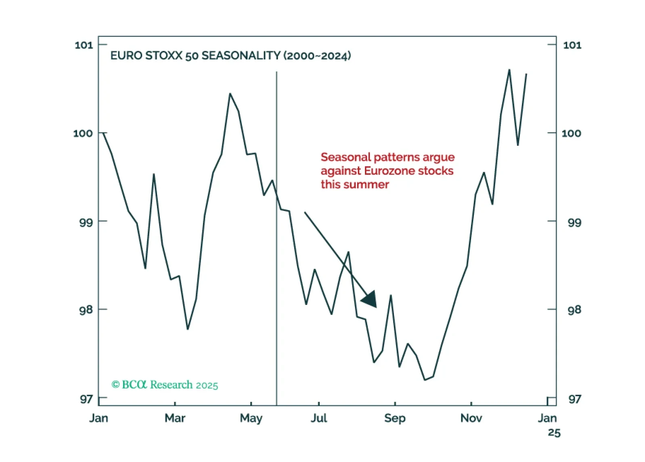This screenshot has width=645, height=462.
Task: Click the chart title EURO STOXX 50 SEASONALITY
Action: pos(195,55)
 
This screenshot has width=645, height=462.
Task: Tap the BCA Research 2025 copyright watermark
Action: pos(165,385)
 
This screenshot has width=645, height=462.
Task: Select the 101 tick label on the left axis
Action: pos(84,45)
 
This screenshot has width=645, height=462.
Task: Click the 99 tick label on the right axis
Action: pos(574,223)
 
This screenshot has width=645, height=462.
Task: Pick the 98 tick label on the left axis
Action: pos(86,310)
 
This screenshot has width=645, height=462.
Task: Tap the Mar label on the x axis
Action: pos(175,418)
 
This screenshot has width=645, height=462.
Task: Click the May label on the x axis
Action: pos(251,418)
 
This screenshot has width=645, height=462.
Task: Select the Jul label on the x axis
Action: pos(319,418)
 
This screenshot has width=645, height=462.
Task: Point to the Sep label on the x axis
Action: pos(395,418)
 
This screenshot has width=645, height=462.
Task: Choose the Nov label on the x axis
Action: pos(471,418)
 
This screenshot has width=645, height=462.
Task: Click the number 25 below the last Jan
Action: pos(554,433)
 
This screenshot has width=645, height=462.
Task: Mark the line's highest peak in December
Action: pos(509,70)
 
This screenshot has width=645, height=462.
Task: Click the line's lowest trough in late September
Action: pos(425,380)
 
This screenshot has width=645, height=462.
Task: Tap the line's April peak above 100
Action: pos(230,94)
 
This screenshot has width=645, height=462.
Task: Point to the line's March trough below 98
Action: pos(188,329)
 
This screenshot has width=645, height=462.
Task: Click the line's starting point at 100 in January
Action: pos(103,133)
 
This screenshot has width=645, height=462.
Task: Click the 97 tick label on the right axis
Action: pos(574,399)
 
